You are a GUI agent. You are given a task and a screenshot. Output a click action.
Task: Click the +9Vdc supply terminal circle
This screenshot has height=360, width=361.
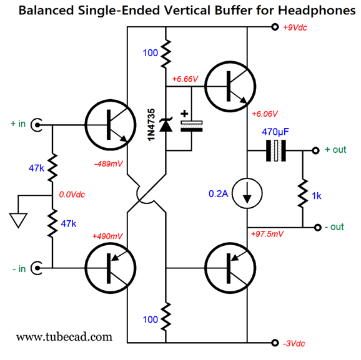275,27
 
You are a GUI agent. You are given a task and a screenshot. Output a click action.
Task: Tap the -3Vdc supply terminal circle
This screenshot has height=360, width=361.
275,343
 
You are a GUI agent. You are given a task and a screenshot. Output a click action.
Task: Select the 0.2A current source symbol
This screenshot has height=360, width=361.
247,193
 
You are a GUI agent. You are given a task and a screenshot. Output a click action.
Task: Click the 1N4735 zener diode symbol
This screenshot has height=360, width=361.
166,125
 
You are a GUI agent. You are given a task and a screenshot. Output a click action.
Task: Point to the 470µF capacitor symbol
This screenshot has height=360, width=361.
276,150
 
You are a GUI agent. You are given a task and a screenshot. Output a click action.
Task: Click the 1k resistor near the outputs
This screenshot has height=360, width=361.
302,193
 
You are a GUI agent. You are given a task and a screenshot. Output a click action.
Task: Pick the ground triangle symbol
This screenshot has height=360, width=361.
18,220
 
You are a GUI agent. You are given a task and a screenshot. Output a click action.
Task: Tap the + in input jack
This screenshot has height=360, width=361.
37,125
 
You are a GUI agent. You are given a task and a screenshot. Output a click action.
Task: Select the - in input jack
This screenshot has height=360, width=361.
37,268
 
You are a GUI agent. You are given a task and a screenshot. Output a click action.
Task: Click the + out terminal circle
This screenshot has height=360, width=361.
315,150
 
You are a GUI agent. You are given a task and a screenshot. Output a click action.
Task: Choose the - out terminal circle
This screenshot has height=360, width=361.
317,228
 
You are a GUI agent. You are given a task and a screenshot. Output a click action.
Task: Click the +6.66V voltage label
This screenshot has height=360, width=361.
185,79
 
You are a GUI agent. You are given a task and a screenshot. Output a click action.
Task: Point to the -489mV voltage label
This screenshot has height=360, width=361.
109,164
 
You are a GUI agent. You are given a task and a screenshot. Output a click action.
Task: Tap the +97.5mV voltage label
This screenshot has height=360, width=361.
267,234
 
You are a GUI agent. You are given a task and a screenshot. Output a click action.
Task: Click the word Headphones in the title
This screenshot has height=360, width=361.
317,11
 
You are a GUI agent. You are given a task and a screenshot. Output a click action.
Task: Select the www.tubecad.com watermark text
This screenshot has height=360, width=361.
64,337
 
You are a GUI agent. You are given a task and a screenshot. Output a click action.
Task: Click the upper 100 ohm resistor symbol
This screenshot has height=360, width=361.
166,54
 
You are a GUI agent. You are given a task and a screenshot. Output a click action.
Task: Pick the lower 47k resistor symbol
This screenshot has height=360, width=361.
52,223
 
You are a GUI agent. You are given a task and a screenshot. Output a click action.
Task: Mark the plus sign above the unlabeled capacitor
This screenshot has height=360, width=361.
184,114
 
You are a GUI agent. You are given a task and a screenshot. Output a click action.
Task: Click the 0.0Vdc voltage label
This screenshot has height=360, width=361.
72,195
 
